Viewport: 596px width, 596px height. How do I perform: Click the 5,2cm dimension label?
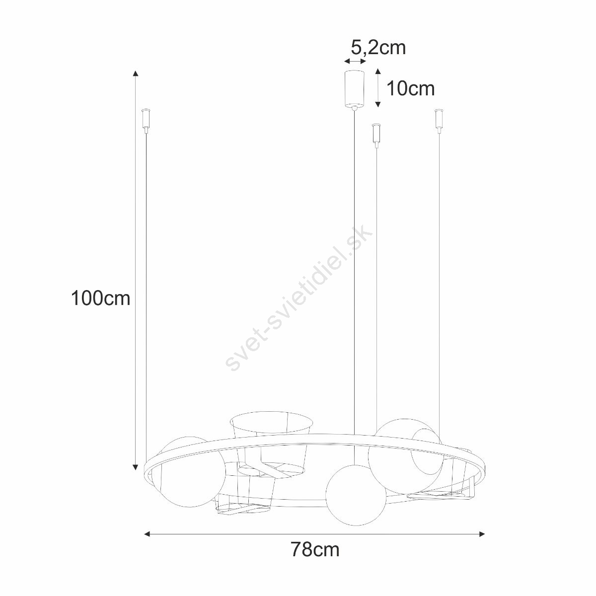pos(378,48)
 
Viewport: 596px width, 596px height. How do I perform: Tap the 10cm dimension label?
pos(411,89)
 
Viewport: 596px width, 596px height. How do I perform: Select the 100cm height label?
pos(100,298)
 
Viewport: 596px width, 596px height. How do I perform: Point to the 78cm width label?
pos(315,550)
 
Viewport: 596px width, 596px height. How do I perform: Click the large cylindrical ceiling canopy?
pos(355,89)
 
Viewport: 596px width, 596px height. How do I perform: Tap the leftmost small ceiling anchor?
pos(146,120)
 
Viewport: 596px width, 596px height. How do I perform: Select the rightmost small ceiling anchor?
pos(439,120)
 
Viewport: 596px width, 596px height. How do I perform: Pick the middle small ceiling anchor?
pos(376,136)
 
